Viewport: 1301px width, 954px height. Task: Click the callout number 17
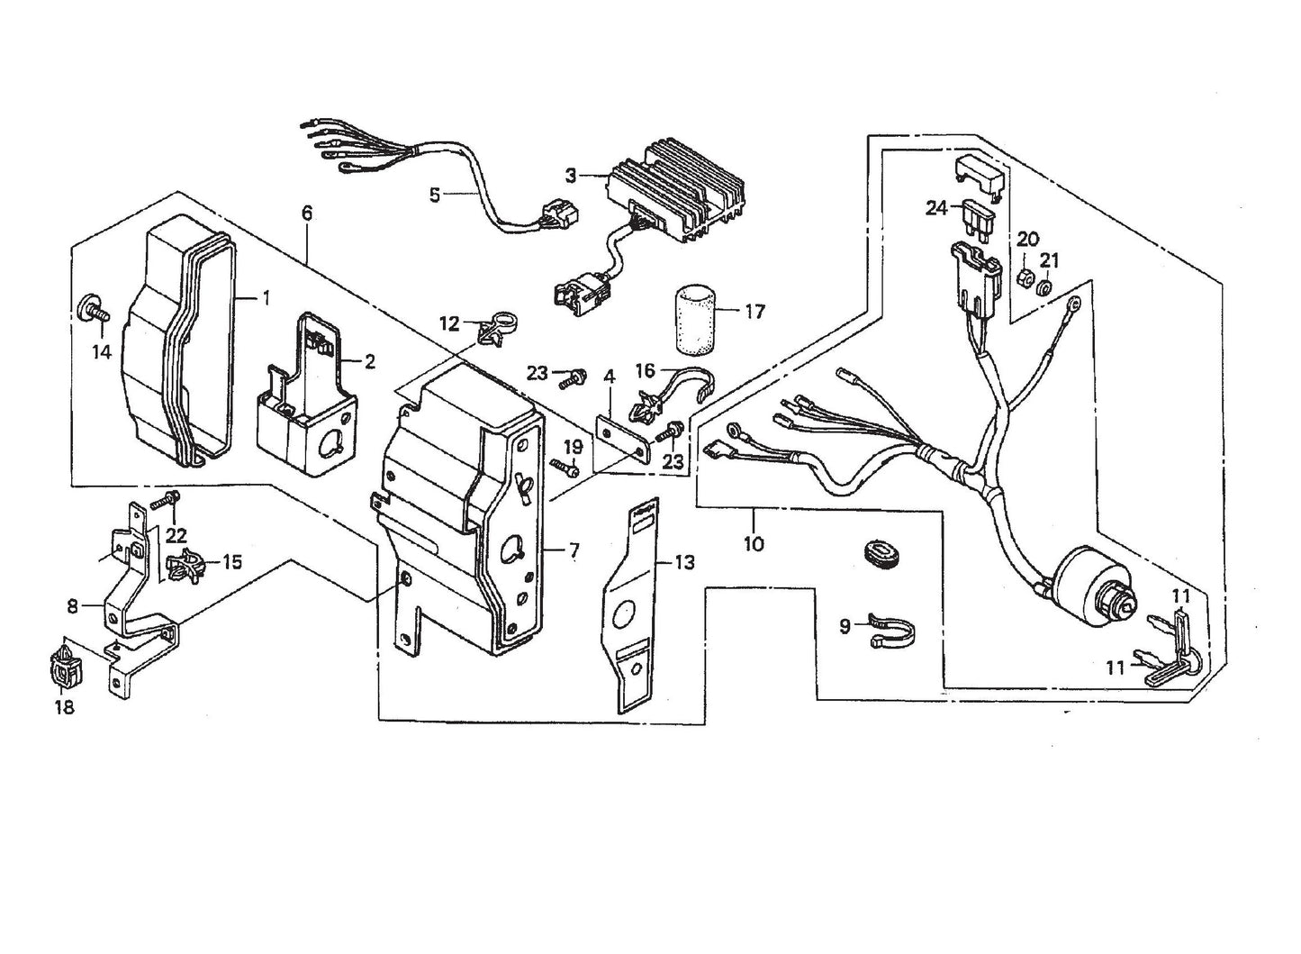click(754, 312)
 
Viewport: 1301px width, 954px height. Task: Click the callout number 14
click(102, 351)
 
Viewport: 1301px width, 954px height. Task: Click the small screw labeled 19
click(565, 468)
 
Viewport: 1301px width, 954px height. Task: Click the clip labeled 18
click(63, 665)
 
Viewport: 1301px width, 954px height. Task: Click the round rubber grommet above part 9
click(873, 550)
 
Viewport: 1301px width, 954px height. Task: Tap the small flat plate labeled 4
click(625, 435)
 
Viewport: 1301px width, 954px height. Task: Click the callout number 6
click(307, 214)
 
